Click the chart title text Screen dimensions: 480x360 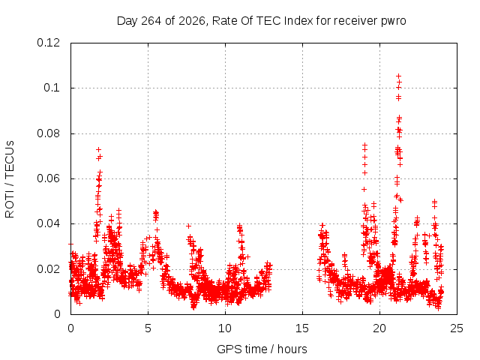point(262,21)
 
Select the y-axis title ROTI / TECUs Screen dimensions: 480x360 point(10,179)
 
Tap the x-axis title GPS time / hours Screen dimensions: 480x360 point(262,349)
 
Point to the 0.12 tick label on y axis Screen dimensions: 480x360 point(48,43)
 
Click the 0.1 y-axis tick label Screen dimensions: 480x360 point(52,88)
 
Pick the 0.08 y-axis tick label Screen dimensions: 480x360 point(48,133)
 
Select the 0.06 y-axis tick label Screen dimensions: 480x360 point(48,178)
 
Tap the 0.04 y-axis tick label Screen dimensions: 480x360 point(48,223)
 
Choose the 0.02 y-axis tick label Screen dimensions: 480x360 point(48,269)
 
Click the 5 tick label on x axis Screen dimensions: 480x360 point(148,328)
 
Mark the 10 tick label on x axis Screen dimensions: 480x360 point(225,328)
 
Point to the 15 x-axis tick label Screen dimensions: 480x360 point(302,328)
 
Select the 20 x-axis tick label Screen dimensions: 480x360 point(379,328)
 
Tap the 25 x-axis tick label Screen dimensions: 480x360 point(457,328)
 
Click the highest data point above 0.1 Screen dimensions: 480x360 point(398,76)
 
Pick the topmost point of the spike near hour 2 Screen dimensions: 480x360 point(98,149)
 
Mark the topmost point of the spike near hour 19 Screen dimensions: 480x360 point(364,145)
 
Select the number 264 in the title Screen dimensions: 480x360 point(151,21)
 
